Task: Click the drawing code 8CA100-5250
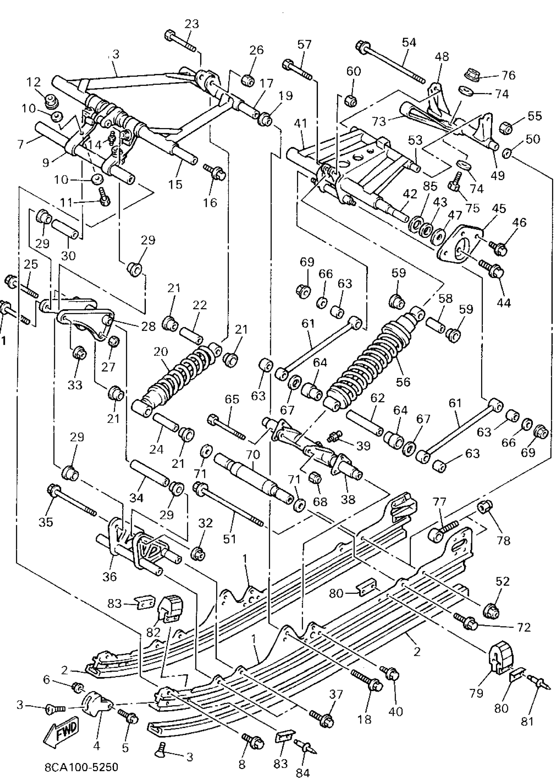click(x=81, y=767)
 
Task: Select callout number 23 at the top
click(x=192, y=24)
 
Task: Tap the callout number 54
click(x=409, y=42)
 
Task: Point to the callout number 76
click(x=509, y=75)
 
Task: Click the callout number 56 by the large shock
click(x=403, y=381)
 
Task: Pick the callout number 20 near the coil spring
click(x=161, y=351)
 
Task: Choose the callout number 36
click(x=109, y=576)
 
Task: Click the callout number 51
click(x=229, y=539)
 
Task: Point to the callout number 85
click(x=430, y=186)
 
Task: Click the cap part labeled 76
click(x=472, y=74)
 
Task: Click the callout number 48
click(x=442, y=57)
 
